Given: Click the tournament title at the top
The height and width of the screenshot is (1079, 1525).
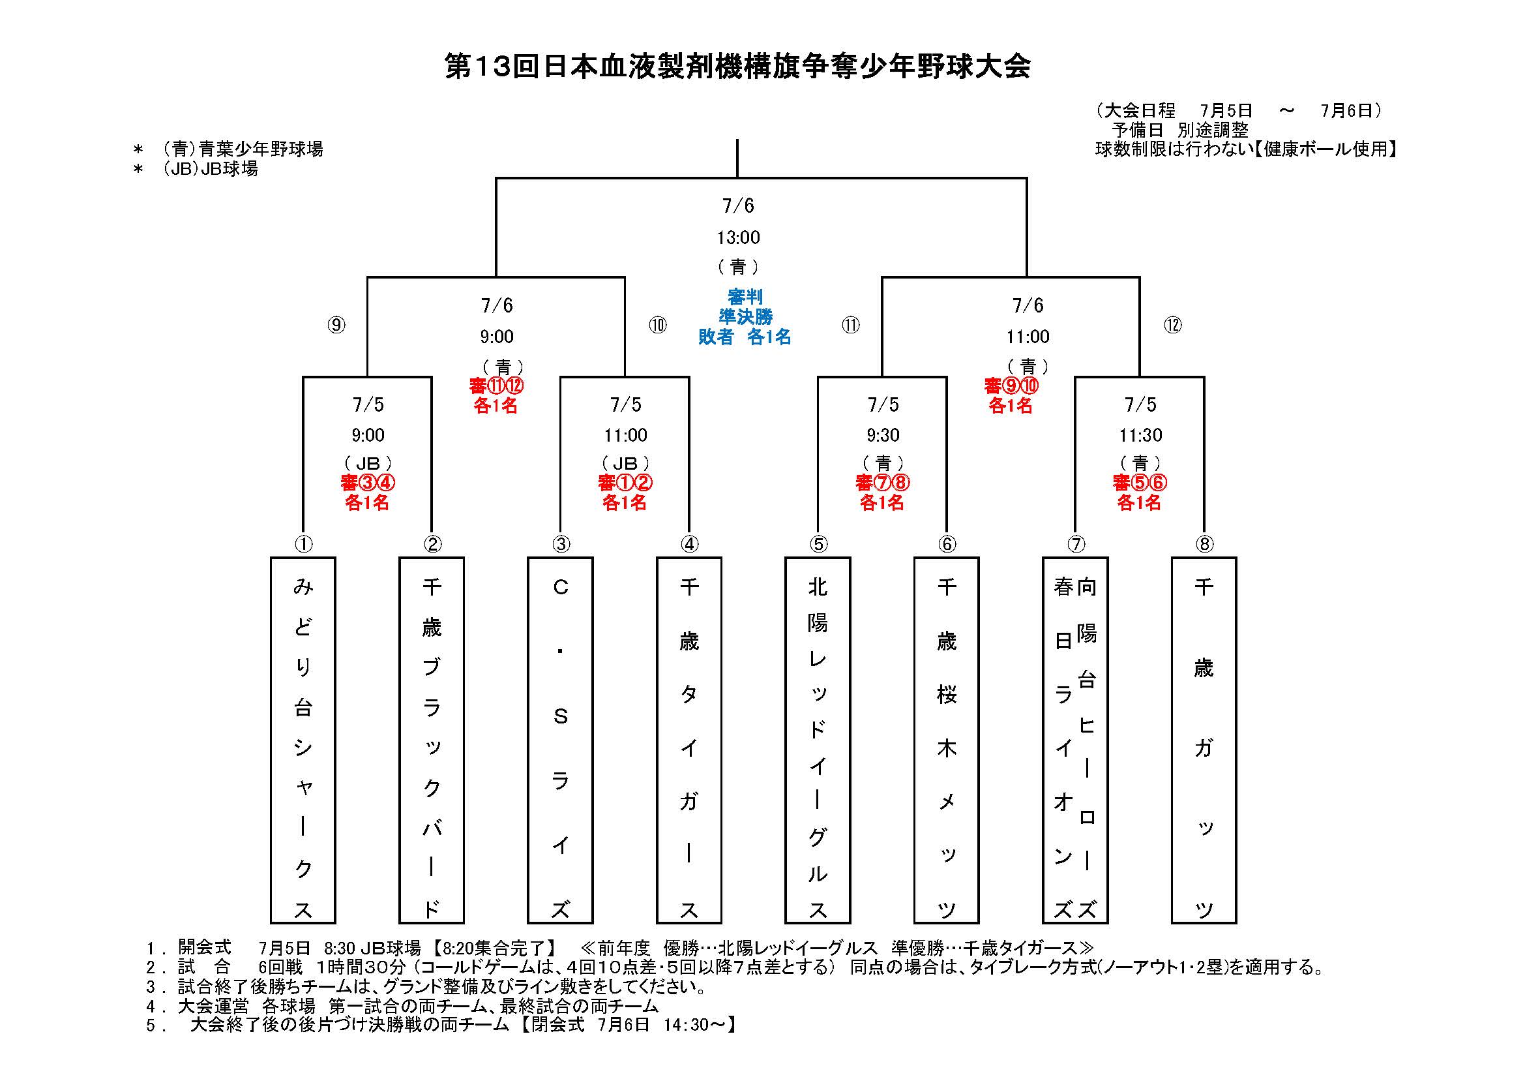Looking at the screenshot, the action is [x=737, y=67].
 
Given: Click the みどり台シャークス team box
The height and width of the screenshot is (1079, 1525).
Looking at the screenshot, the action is [x=303, y=740].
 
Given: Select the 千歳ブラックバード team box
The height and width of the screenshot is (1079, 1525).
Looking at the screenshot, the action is [x=432, y=740].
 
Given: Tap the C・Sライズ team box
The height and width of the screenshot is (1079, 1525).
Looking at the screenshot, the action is [x=561, y=740].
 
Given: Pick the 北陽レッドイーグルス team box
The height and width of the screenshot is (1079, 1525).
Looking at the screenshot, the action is [x=818, y=740].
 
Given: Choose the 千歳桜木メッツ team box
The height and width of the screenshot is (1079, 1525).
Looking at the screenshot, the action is [x=947, y=740].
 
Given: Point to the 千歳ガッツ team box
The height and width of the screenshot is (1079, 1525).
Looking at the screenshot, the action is [x=1204, y=740].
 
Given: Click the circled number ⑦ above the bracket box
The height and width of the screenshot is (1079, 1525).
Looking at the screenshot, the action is [x=1076, y=544].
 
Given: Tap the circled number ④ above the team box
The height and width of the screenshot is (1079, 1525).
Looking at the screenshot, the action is [x=689, y=544].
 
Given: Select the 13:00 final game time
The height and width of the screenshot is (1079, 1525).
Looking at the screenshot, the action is [x=738, y=237].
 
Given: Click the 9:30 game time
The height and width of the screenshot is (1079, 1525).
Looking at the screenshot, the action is [x=883, y=435].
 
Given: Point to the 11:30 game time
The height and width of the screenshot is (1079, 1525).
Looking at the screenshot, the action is [x=1140, y=435].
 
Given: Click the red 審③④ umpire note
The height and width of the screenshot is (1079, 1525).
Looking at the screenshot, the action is [x=368, y=482].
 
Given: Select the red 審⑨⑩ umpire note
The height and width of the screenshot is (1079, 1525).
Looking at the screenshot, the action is [x=1011, y=386].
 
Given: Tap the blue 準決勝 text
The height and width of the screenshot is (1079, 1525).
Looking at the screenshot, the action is [x=745, y=317].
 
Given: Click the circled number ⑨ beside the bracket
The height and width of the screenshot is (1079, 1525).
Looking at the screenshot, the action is [x=336, y=325].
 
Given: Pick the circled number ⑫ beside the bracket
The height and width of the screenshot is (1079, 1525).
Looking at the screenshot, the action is [x=1172, y=325].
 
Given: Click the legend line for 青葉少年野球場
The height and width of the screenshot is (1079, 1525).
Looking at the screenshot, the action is [x=229, y=149].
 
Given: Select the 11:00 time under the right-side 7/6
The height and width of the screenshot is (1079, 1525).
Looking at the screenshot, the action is [x=1028, y=337].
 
